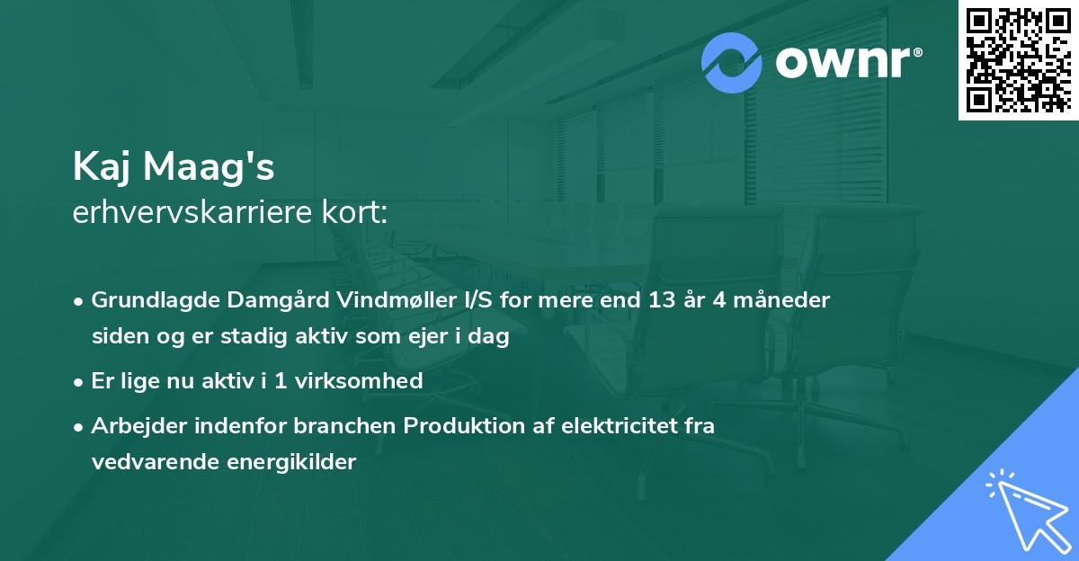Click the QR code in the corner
(x=1018, y=60)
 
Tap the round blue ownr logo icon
(x=733, y=64)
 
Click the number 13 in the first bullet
(x=664, y=300)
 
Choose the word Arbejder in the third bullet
(x=133, y=426)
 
